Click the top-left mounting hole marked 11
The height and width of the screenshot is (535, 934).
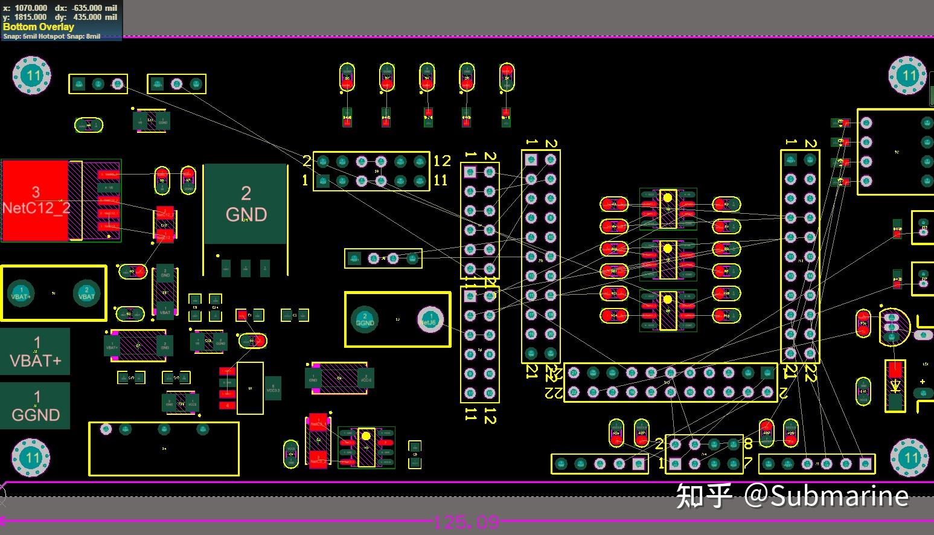coord(32,75)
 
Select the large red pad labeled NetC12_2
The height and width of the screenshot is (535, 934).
coord(35,200)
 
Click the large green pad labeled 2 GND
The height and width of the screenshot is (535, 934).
coord(245,204)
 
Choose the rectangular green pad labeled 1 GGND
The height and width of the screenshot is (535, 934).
coord(36,406)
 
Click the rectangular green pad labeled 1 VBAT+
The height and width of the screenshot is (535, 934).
coord(36,352)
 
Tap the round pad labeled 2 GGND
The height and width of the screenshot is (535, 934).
coord(365,319)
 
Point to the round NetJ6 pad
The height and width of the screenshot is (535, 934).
coord(430,319)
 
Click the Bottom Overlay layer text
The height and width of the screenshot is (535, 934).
coord(39,27)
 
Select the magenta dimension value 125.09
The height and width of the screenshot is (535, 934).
coord(467,522)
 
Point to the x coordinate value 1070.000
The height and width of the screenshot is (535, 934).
coord(31,8)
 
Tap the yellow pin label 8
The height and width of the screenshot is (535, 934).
coord(749,444)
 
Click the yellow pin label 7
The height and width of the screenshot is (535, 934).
coord(749,464)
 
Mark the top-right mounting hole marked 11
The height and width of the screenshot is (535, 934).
coord(908,75)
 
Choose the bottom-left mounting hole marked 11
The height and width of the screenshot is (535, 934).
coord(32,458)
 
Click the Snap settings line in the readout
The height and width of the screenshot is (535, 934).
coord(52,36)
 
